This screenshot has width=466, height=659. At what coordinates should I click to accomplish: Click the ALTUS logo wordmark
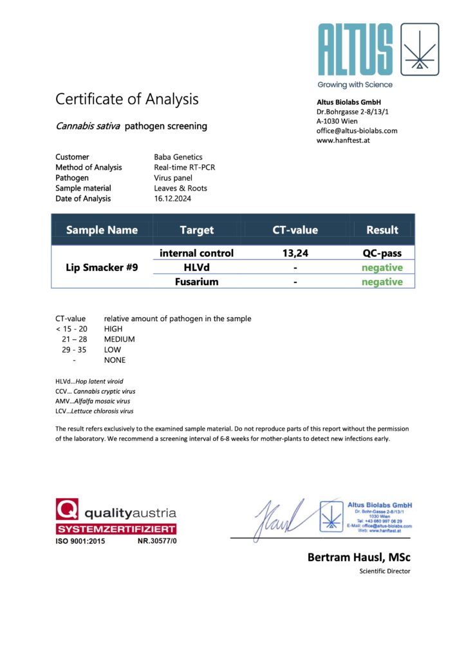pos(355,50)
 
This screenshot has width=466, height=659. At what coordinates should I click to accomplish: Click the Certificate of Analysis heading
pos(127,99)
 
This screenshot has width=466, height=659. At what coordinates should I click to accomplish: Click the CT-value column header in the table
pos(295,230)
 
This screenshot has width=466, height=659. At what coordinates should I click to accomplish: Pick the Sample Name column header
pos(102,230)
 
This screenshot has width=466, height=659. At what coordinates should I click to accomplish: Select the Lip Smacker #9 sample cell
pos(102,267)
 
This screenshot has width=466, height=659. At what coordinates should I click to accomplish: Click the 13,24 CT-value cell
pos(295,254)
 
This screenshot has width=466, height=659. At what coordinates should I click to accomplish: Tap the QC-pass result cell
pos(382,254)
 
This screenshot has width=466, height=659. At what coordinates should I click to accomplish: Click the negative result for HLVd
pos(382,268)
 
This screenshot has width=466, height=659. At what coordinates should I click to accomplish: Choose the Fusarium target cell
pos(196,282)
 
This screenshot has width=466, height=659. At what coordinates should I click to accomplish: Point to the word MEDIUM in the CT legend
pos(120,339)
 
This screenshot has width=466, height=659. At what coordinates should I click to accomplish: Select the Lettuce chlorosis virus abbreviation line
pos(95,411)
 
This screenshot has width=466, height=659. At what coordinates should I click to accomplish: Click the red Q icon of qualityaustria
pos(67,510)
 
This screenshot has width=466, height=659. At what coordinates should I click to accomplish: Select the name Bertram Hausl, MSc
pos(359,557)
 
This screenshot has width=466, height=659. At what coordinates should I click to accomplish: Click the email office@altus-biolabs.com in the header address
pos(357,131)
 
